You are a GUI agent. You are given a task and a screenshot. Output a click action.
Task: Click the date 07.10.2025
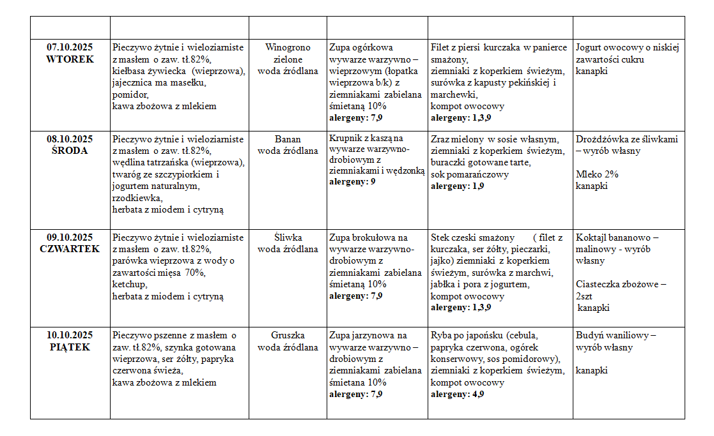tap(70, 47)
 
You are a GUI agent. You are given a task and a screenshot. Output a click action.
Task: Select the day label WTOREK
tap(70, 59)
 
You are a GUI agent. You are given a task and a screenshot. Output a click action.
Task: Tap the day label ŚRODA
tap(70, 151)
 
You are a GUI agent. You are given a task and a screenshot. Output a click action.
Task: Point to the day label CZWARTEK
tap(70, 249)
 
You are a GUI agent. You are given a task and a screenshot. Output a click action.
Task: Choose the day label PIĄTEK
tap(70, 347)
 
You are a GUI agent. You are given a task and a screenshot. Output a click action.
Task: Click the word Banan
tap(288, 139)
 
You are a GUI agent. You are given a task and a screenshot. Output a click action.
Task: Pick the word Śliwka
tap(288, 237)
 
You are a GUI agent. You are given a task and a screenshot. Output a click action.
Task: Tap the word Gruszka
tap(288, 335)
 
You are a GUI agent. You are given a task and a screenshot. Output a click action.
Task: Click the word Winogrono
tap(288, 47)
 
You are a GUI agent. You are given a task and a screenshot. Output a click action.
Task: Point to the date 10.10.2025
tap(70, 335)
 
